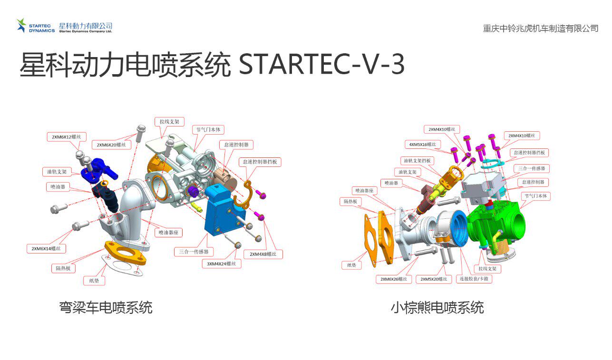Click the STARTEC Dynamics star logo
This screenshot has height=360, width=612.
coord(22,25)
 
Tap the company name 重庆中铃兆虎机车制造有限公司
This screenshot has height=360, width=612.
coord(540,29)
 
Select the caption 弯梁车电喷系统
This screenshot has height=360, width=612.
coord(106,307)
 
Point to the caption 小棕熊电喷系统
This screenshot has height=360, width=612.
coord(437,307)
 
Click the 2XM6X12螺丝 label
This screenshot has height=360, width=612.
coord(67,137)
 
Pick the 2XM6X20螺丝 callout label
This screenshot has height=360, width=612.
coord(111,145)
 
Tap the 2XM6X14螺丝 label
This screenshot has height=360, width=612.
coord(46,248)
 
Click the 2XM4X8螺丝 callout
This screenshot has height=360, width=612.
coord(263,254)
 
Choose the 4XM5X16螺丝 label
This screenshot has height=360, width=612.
coord(422,144)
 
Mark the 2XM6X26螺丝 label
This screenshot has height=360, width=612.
coord(393,279)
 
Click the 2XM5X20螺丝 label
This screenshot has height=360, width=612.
coord(433,279)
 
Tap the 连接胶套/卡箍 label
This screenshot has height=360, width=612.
coord(474,279)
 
